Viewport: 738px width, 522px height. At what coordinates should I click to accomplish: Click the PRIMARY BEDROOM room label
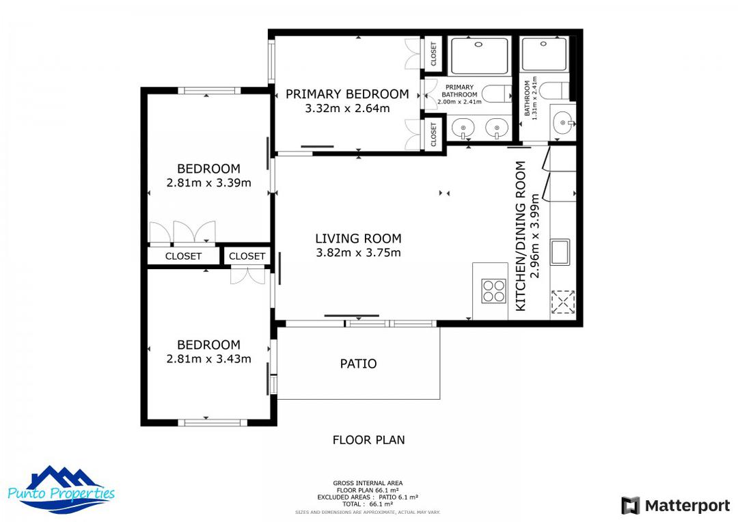pyautogui.click(x=347, y=94)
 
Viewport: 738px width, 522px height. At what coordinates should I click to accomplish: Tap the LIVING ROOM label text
pyautogui.click(x=358, y=238)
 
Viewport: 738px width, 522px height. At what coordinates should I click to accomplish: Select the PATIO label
pyautogui.click(x=358, y=363)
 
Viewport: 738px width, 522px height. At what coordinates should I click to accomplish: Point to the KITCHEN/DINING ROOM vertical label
pyautogui.click(x=521, y=236)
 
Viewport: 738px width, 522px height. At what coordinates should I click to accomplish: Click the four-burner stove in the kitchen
pyautogui.click(x=493, y=291)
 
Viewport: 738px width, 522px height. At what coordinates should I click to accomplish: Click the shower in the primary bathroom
pyautogui.click(x=479, y=55)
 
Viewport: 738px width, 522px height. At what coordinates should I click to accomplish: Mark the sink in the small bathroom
pyautogui.click(x=562, y=124)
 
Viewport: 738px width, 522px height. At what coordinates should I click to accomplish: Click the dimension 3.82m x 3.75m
pyautogui.click(x=358, y=253)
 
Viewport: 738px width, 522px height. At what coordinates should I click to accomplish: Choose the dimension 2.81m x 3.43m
pyautogui.click(x=208, y=359)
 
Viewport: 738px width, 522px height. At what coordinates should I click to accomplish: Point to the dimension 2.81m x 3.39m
pyautogui.click(x=208, y=183)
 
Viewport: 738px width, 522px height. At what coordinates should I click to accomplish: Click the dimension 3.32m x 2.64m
pyautogui.click(x=347, y=108)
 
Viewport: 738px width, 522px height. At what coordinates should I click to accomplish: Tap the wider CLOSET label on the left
pyautogui.click(x=183, y=256)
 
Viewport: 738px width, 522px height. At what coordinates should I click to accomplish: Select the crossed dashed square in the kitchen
pyautogui.click(x=563, y=301)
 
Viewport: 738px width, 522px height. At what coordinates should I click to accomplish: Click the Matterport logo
pyautogui.click(x=675, y=506)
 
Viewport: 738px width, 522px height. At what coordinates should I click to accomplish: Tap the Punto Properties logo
pyautogui.click(x=61, y=490)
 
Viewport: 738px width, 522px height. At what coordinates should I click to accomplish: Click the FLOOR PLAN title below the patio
pyautogui.click(x=368, y=440)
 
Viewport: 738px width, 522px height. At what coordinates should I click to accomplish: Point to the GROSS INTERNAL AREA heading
pyautogui.click(x=368, y=482)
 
